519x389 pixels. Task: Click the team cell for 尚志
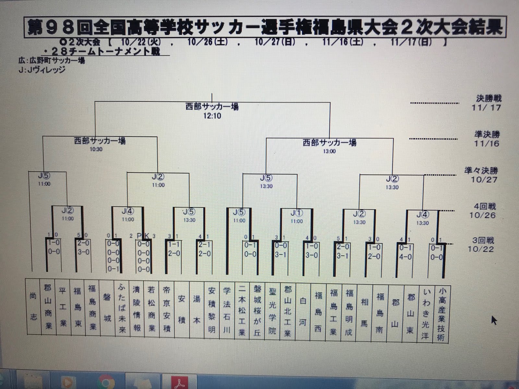point(33,307)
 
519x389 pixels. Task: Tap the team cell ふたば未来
point(122,308)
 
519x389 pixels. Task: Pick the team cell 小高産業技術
point(442,314)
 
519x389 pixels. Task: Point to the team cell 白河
point(303,311)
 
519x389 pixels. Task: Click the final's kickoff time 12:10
point(212,116)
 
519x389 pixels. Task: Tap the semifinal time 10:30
point(96,149)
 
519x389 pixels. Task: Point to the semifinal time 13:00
point(329,151)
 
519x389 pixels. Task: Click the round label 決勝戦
point(488,98)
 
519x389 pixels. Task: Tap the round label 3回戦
point(483,241)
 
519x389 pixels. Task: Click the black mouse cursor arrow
point(494,320)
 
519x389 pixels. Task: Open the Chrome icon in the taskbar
point(105,383)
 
